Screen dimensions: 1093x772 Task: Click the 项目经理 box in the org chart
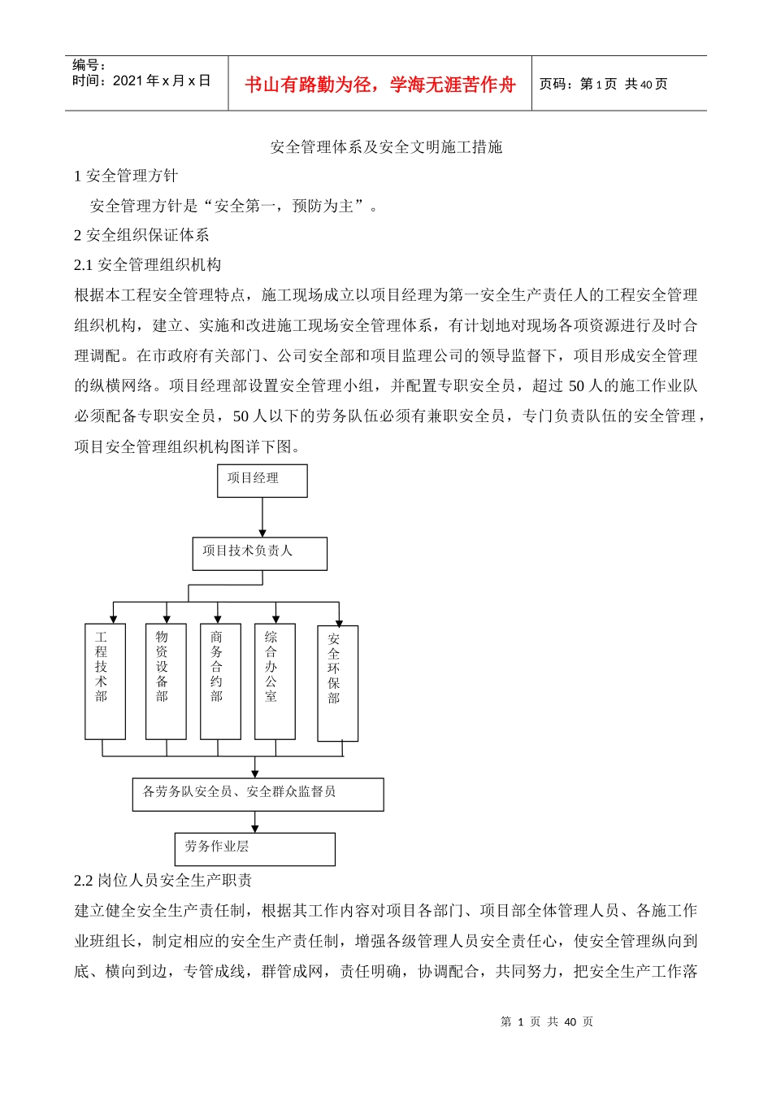tap(262, 481)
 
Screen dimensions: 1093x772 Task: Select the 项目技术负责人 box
tap(259, 553)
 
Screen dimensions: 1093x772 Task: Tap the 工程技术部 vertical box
tap(105, 681)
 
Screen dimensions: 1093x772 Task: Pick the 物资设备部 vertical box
tap(166, 681)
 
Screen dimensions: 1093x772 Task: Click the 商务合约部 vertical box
tap(220, 681)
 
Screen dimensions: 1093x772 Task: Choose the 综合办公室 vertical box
tap(275, 681)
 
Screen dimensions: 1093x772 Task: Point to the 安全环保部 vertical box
tap(337, 683)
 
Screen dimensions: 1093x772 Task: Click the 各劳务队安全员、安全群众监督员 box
tap(258, 795)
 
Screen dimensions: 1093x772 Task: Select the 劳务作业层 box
tap(254, 849)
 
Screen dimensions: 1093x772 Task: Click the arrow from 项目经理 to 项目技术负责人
tap(262, 517)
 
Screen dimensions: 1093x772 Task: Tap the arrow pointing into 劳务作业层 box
tap(255, 822)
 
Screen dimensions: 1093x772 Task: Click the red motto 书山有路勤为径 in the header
tap(380, 85)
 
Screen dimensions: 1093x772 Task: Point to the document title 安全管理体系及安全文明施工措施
tap(386, 147)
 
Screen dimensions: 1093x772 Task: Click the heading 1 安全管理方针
tap(126, 176)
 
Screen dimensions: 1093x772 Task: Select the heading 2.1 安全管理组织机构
tap(147, 265)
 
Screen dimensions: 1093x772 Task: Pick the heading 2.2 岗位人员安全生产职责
tap(163, 881)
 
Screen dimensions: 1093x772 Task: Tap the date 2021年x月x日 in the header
tap(141, 81)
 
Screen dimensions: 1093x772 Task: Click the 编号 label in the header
tap(89, 64)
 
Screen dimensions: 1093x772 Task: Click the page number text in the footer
tap(547, 1021)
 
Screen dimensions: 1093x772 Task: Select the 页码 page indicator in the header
tap(603, 85)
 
